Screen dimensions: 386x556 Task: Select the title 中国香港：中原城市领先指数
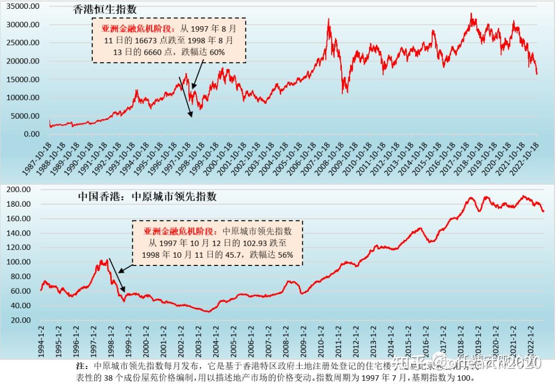pos(147,196)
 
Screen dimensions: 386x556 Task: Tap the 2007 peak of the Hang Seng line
pos(328,20)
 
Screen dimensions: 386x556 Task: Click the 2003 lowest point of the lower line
pos(207,311)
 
